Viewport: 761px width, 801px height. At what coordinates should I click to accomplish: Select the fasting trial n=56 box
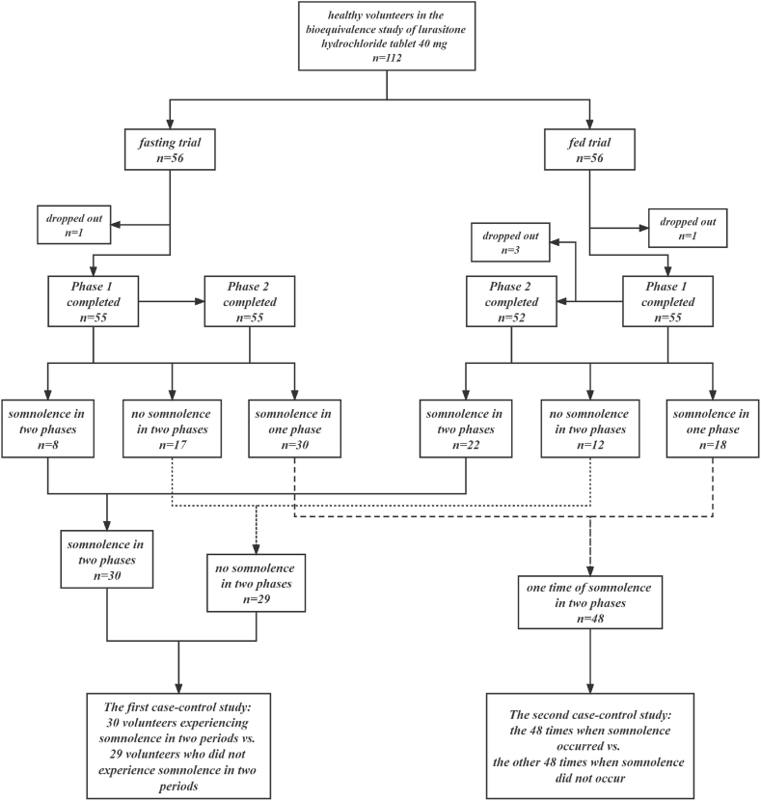170,150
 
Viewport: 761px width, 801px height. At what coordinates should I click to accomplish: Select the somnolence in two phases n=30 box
106,558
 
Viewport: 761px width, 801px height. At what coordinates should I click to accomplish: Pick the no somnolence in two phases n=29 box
258,585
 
